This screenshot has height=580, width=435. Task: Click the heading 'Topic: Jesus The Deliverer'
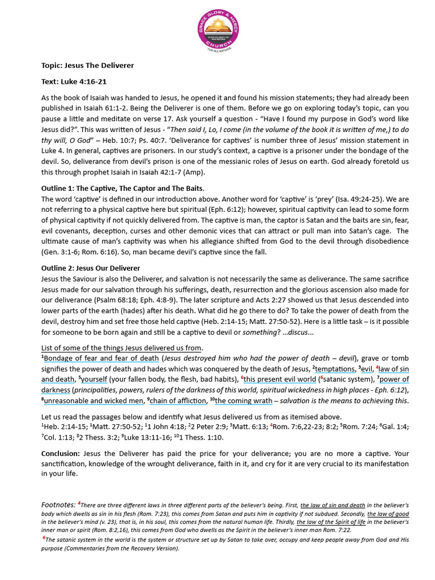[x=88, y=65]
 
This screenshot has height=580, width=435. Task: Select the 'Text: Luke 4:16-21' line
[x=74, y=82]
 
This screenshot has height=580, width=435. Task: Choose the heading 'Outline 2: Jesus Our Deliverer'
[x=91, y=268]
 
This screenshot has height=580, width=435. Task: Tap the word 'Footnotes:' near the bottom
[x=59, y=504]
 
